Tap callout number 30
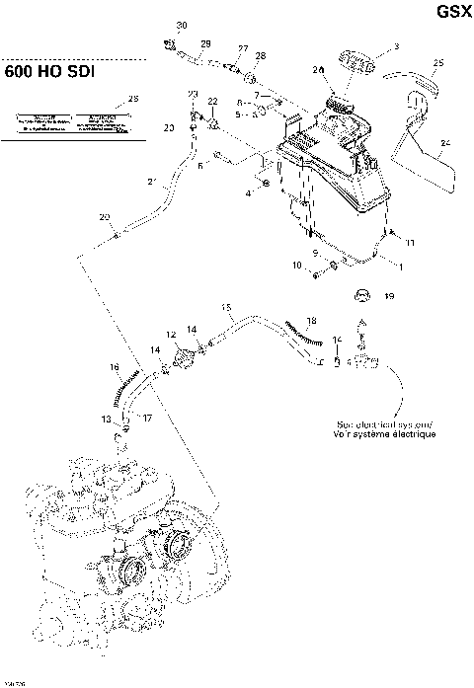pos(181,24)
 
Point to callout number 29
pos(205,43)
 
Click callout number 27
pos(243,48)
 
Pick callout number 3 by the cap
pos(396,45)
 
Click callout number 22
pos(212,102)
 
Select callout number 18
pos(311,322)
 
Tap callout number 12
pos(171,335)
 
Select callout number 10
pos(297,266)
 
